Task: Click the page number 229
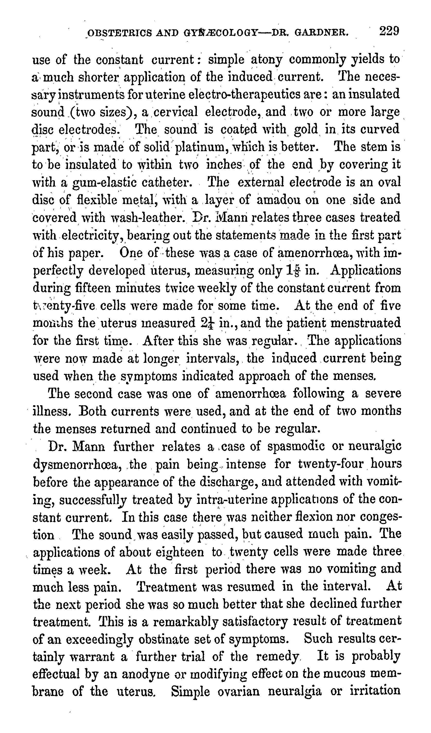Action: click(389, 31)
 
